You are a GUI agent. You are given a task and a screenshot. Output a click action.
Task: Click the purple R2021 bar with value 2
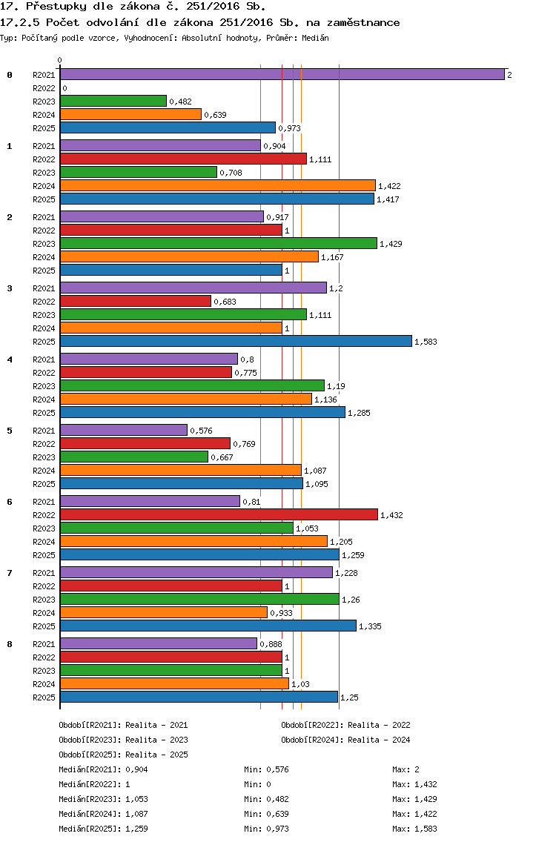click(x=282, y=75)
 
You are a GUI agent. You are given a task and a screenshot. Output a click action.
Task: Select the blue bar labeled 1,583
click(x=236, y=341)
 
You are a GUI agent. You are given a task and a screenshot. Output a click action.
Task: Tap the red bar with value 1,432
click(x=219, y=514)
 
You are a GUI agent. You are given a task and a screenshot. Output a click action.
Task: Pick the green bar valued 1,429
click(x=219, y=243)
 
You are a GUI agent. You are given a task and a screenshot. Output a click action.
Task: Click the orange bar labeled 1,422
click(x=218, y=186)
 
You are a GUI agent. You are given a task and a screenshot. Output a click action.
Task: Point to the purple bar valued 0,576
click(x=124, y=430)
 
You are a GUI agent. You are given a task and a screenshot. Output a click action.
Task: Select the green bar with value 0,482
click(x=113, y=101)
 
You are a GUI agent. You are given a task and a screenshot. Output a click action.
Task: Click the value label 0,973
click(x=290, y=128)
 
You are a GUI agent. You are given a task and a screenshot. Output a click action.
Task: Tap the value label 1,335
click(x=370, y=626)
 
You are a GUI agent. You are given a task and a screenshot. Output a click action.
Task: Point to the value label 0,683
click(x=225, y=302)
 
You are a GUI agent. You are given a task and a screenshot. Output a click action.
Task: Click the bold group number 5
click(x=10, y=431)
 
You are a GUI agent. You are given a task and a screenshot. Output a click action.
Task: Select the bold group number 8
click(x=10, y=644)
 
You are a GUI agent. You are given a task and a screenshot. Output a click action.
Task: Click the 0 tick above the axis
click(x=59, y=60)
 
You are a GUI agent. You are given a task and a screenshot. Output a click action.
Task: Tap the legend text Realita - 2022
click(x=379, y=725)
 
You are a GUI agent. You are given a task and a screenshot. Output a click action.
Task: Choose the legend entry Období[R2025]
click(x=90, y=755)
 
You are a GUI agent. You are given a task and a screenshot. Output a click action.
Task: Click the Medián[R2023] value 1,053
click(x=136, y=799)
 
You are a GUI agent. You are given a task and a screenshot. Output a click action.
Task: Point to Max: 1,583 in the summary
click(x=414, y=829)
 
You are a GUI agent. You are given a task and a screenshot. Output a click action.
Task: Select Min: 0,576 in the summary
click(x=266, y=769)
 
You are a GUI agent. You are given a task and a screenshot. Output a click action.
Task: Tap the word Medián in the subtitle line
click(x=315, y=38)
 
